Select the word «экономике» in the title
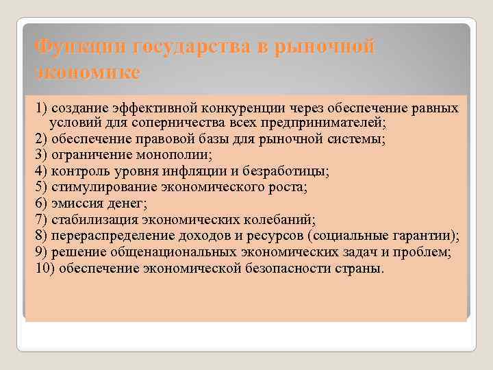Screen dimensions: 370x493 coord(87,73)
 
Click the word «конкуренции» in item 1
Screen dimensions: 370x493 coord(250,109)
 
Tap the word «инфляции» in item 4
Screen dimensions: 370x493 coord(194,171)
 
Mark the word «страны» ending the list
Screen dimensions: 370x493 coord(358,267)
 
